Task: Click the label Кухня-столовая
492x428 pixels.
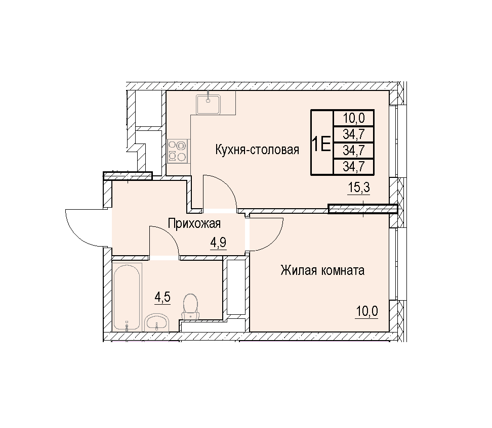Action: click(x=257, y=150)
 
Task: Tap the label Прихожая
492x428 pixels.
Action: click(x=194, y=224)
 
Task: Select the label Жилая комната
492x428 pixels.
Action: click(x=322, y=270)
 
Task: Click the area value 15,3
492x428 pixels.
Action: click(x=359, y=187)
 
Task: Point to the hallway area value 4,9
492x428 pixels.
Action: click(x=218, y=243)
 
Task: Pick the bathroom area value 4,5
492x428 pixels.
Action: click(x=162, y=297)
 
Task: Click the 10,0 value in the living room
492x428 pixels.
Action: click(x=367, y=311)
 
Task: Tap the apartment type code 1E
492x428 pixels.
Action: click(x=321, y=145)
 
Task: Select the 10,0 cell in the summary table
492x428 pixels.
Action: click(x=354, y=118)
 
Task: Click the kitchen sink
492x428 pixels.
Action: click(x=209, y=105)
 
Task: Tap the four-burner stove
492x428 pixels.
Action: click(x=178, y=151)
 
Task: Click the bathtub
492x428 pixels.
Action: click(x=127, y=297)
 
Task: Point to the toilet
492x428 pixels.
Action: click(x=190, y=306)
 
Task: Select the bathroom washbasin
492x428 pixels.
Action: click(x=157, y=323)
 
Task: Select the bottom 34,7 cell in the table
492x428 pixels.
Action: click(x=354, y=166)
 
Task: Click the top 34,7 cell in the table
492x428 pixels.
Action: click(x=354, y=134)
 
